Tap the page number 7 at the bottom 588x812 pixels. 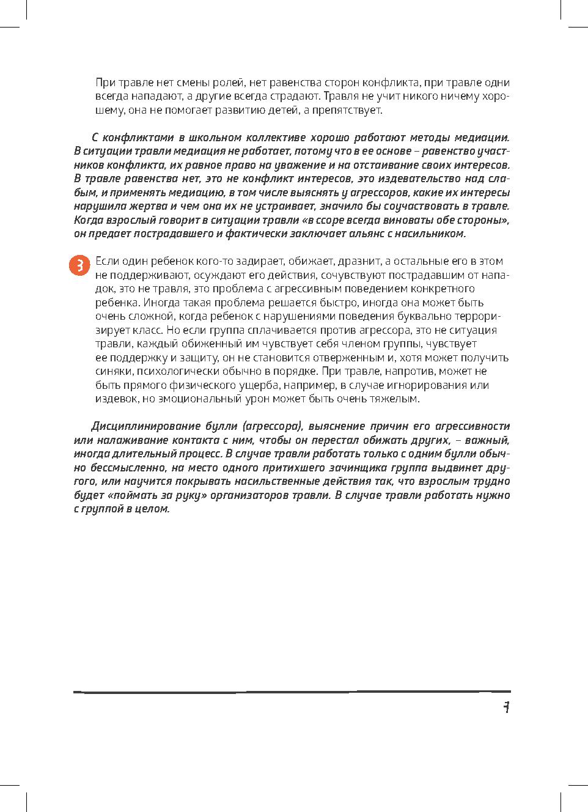coord(506,707)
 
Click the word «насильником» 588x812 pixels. coord(431,234)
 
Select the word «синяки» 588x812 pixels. coord(114,371)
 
